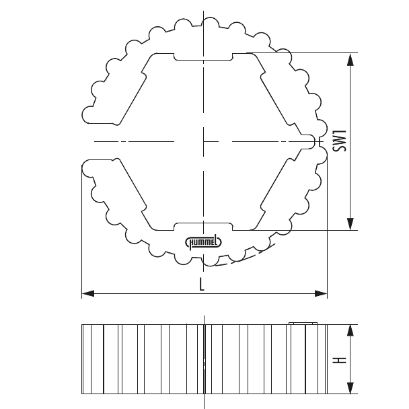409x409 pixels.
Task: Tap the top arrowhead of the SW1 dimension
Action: coord(350,59)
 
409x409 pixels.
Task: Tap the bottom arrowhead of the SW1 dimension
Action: coord(350,225)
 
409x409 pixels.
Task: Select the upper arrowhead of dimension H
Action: coord(350,330)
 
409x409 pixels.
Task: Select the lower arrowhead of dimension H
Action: coord(350,389)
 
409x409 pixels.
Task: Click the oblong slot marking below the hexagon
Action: coord(203,241)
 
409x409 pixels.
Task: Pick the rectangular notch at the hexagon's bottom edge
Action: coord(202,225)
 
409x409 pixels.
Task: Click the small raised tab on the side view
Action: coord(302,324)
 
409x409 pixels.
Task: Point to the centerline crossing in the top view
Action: coord(202,141)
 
